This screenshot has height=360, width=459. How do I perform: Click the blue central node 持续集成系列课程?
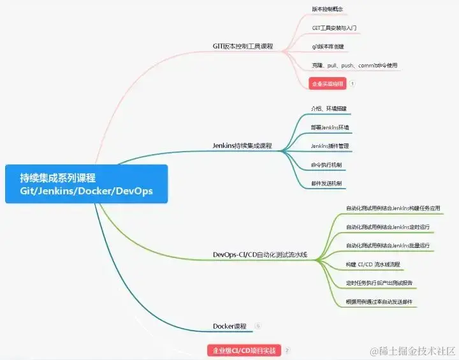pyautogui.click(x=86, y=184)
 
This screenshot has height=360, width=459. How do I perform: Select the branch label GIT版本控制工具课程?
pyautogui.click(x=242, y=46)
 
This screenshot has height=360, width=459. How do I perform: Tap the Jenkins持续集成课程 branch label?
pyautogui.click(x=242, y=146)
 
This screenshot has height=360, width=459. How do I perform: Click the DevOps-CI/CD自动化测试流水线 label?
pyautogui.click(x=260, y=255)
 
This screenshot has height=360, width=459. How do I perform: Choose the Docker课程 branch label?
pyautogui.click(x=229, y=326)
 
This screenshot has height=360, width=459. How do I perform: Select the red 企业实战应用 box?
pyautogui.click(x=327, y=83)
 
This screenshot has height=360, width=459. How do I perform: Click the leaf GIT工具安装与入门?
pyautogui.click(x=334, y=28)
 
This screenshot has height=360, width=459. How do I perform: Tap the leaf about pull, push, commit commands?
pyautogui.click(x=355, y=65)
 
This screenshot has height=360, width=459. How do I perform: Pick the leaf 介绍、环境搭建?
pyautogui.click(x=329, y=108)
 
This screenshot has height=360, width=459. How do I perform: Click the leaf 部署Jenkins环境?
pyautogui.click(x=330, y=127)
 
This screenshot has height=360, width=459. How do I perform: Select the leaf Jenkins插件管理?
pyautogui.click(x=330, y=146)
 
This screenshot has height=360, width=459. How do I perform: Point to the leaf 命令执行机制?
pyautogui.click(x=326, y=165)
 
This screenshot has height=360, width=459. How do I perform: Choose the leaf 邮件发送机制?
pyautogui.click(x=326, y=184)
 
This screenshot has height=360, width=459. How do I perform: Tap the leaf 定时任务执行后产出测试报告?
pyautogui.click(x=379, y=283)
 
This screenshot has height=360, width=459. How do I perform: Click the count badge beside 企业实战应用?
pyautogui.click(x=353, y=83)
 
